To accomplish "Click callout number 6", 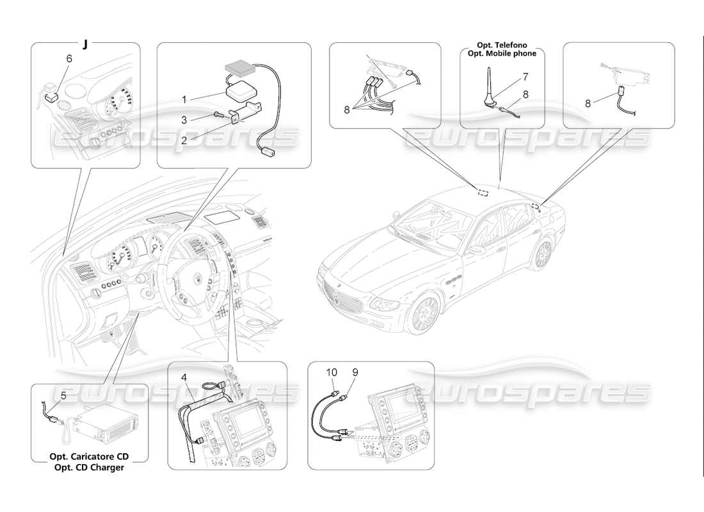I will point(69,58).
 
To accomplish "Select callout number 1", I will point(184,100).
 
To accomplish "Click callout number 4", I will point(184,378).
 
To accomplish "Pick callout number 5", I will point(63,396).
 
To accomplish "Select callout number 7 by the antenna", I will point(525,76).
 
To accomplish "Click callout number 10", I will point(331,372).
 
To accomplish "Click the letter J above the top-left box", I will point(84,45).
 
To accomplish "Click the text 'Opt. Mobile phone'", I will point(502,54).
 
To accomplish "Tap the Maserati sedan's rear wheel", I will point(543,254).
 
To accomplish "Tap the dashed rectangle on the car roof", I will point(484,191).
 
